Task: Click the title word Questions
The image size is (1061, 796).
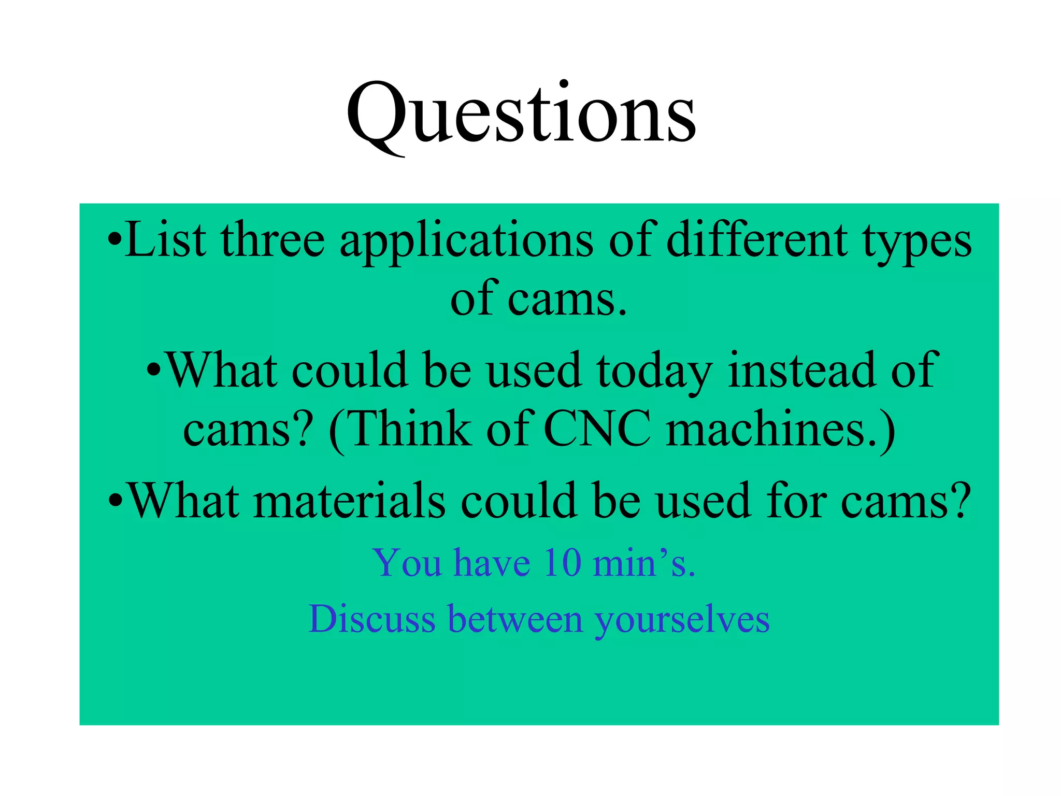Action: pos(521,115)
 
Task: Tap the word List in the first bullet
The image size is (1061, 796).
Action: pos(165,240)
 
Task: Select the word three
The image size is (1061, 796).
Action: pos(273,240)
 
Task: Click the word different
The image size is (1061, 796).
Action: pos(757,240)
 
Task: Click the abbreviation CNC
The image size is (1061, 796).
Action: pos(598,429)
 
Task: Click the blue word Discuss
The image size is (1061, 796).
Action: pos(372,619)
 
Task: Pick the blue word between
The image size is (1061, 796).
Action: pos(515,619)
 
